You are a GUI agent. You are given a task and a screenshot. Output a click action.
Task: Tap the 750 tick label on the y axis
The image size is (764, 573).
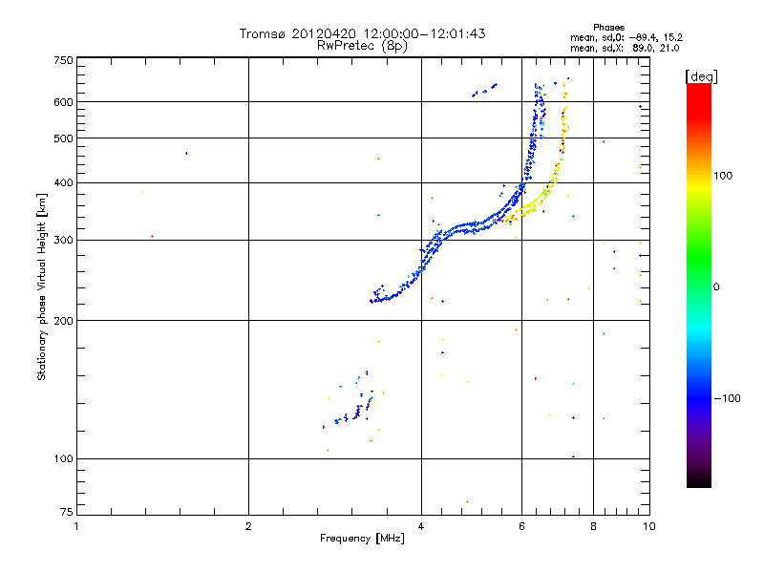[62, 60]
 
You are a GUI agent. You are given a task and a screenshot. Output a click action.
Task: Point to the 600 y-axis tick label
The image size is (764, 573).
[62, 102]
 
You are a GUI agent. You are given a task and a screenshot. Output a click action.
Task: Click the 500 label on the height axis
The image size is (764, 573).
[62, 138]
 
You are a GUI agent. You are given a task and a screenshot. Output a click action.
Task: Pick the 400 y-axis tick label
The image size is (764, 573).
[62, 182]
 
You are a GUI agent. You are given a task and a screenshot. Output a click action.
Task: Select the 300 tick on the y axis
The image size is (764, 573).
[62, 240]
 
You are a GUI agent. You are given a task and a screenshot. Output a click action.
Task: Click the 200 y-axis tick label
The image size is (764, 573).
[62, 320]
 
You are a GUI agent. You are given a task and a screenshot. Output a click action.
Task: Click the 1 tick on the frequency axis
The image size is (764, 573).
[76, 526]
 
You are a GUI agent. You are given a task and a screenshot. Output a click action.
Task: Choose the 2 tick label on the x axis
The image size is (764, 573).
[248, 526]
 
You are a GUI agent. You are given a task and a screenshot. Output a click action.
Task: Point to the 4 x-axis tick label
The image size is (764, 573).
[421, 526]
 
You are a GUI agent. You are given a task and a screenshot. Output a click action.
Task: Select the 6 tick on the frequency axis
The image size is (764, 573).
[521, 526]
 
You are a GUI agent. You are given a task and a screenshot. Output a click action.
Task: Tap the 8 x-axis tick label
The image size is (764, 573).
[594, 526]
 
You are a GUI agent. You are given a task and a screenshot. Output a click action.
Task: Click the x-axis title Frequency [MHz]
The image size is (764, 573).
[362, 539]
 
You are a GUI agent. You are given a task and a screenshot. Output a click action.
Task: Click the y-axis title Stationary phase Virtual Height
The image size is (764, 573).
[42, 286]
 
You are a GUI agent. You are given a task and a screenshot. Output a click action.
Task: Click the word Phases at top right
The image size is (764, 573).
[607, 27]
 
